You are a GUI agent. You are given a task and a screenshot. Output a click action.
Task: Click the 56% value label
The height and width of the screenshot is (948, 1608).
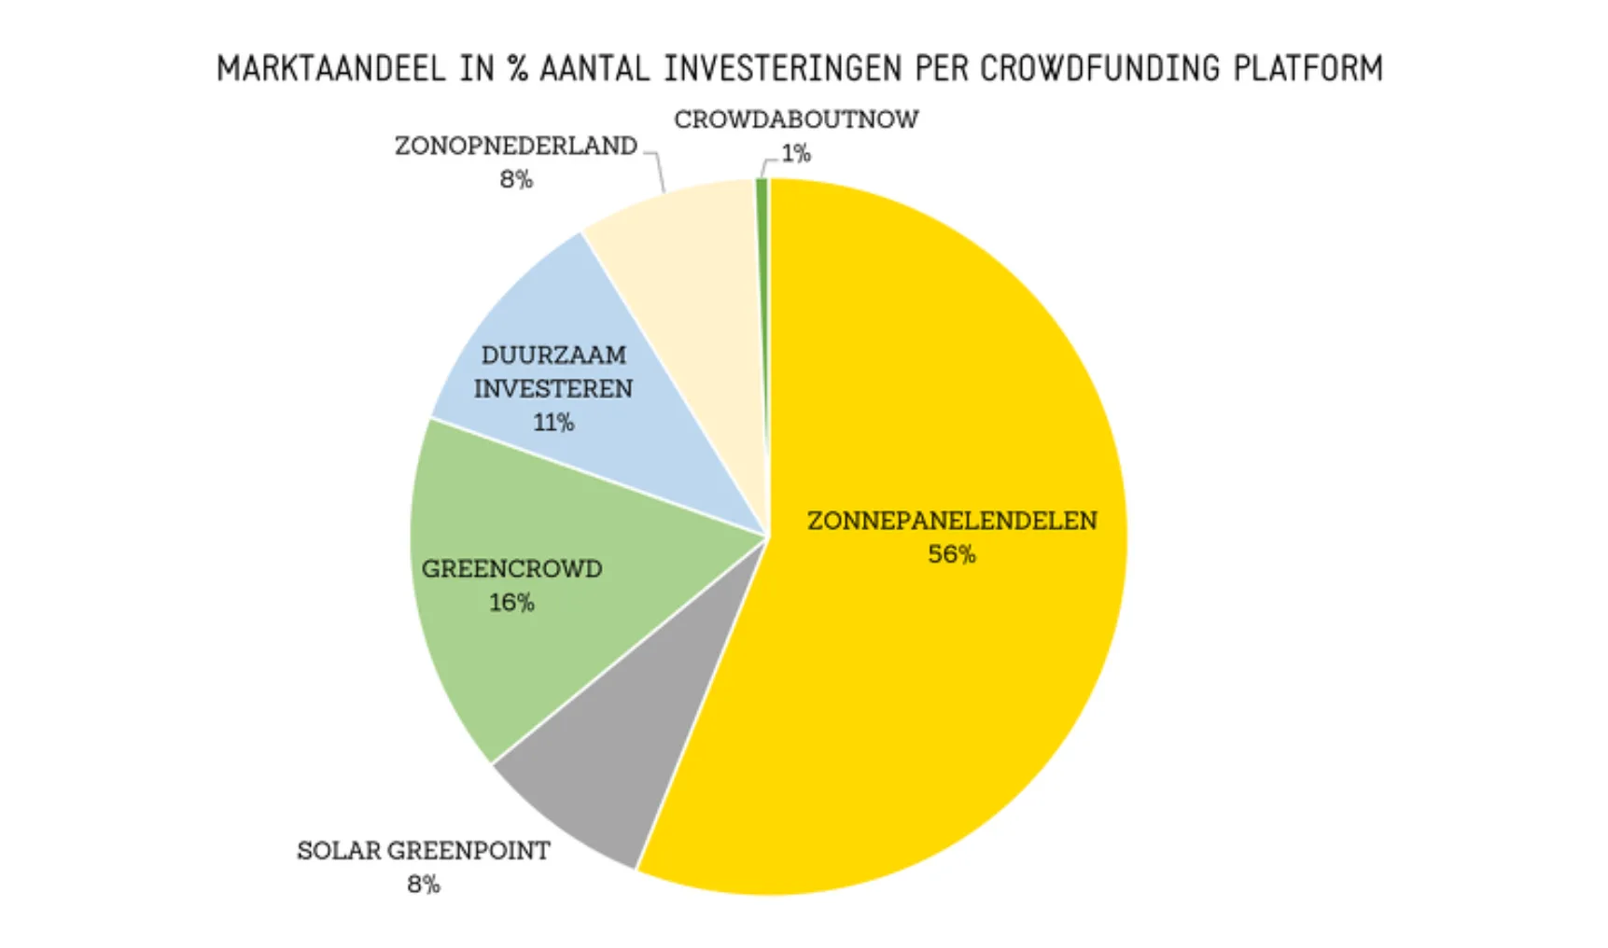[x=951, y=554]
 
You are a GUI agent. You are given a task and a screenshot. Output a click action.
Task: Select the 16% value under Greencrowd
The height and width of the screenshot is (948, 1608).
[x=511, y=603]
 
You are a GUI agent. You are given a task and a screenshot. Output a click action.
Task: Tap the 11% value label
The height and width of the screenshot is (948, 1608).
[x=552, y=423]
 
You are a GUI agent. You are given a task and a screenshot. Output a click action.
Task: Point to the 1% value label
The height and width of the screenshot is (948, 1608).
[x=796, y=153]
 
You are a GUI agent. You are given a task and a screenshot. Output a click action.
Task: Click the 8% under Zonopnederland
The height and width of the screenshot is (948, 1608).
[x=516, y=179]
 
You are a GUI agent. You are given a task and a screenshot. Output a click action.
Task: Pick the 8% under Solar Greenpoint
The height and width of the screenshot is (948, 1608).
[x=423, y=884]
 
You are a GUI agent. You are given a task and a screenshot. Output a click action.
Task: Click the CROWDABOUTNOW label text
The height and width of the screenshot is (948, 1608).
[x=796, y=119]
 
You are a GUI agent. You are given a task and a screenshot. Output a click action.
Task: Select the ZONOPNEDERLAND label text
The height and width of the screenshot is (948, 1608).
[x=516, y=146]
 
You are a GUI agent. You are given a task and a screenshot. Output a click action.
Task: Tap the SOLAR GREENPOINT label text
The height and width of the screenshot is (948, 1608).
[x=423, y=850]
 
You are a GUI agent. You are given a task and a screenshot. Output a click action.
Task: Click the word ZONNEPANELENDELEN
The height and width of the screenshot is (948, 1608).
[x=951, y=521]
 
